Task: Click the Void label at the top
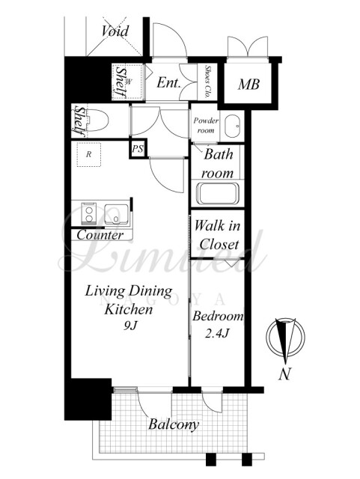pyautogui.click(x=115, y=31)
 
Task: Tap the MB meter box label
pyautogui.click(x=248, y=85)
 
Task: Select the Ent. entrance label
pyautogui.click(x=168, y=82)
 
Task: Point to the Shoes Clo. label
pyautogui.click(x=208, y=82)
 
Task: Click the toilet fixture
pyautogui.click(x=97, y=120)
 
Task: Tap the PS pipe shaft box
pyautogui.click(x=138, y=149)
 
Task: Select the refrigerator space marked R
pyautogui.click(x=88, y=155)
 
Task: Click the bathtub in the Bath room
pyautogui.click(x=218, y=194)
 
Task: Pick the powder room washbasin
pyautogui.click(x=232, y=126)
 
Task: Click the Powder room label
pyautogui.click(x=206, y=125)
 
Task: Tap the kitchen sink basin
pyautogui.click(x=117, y=214)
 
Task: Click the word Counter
pyautogui.click(x=100, y=235)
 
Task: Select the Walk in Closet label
pyautogui.click(x=217, y=235)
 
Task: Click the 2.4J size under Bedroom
pyautogui.click(x=217, y=333)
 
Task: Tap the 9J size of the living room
pyautogui.click(x=130, y=326)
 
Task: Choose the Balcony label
pyautogui.click(x=174, y=424)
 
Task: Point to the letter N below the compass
pyautogui.click(x=284, y=373)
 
